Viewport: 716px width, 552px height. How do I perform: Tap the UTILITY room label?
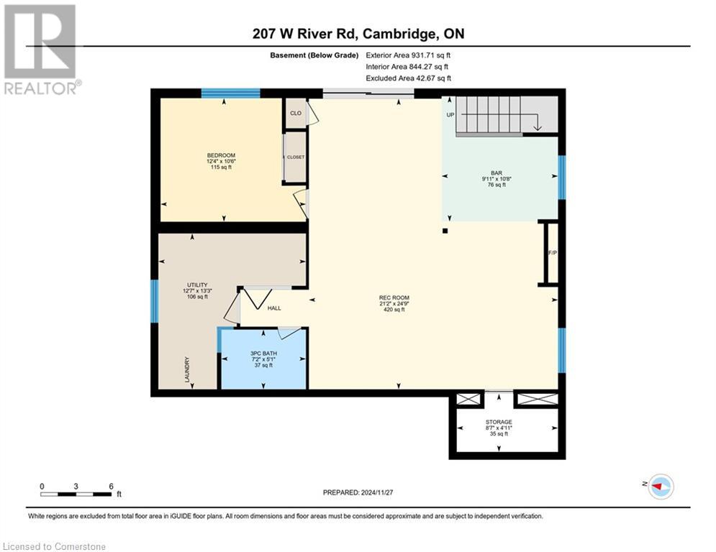[196, 285]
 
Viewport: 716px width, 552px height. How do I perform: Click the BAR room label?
[497, 173]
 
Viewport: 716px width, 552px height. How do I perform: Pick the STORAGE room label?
[498, 422]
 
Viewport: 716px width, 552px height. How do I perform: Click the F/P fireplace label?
[552, 253]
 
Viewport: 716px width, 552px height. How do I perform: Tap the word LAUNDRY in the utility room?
[186, 372]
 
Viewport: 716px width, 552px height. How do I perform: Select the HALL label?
[274, 308]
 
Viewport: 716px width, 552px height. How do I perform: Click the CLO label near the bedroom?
[295, 114]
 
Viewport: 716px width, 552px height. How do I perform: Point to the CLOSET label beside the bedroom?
[295, 157]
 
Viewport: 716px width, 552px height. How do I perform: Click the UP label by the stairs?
[450, 114]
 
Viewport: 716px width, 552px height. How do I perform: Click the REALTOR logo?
[40, 50]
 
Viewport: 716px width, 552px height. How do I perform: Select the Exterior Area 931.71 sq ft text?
[408, 55]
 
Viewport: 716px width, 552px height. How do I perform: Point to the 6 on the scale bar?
[111, 486]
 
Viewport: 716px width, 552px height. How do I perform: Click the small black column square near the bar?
[445, 231]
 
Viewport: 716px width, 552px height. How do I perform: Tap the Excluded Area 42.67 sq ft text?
[408, 78]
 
